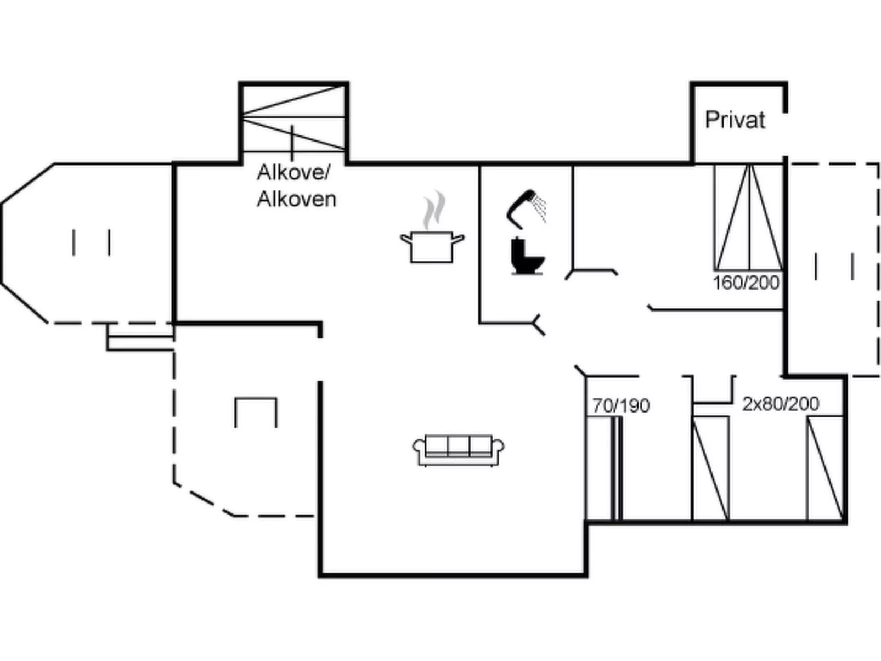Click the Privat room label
(x=735, y=120)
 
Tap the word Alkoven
(x=297, y=199)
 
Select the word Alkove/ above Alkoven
(x=293, y=172)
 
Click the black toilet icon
(x=527, y=256)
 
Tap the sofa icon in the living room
(x=459, y=450)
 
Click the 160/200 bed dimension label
(x=746, y=283)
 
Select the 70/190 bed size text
(x=622, y=406)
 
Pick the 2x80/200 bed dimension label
(x=781, y=404)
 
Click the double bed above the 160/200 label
(x=749, y=217)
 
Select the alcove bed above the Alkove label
(x=293, y=118)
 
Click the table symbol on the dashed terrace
(x=256, y=413)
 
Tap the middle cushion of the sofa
(x=459, y=446)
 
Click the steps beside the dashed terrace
(x=140, y=337)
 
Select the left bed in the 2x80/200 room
(x=710, y=468)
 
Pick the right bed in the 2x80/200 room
(x=825, y=468)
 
